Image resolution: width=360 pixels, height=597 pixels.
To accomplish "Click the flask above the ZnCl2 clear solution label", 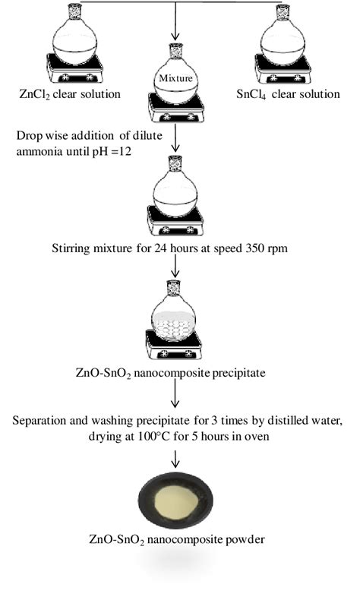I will click(x=75, y=41).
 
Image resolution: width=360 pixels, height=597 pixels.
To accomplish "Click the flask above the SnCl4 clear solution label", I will click(x=286, y=41).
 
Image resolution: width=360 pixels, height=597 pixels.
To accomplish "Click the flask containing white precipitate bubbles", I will click(x=177, y=322).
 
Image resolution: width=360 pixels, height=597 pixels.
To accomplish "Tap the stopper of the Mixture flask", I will click(x=177, y=49).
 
